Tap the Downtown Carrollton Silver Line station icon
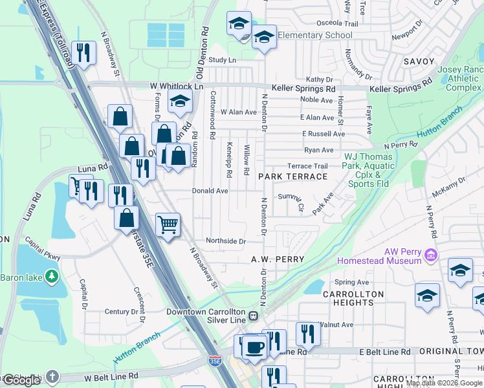254,316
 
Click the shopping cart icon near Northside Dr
168,225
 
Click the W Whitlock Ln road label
176,86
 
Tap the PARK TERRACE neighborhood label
292,177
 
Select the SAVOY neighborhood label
419,61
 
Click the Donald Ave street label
210,191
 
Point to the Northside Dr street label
226,241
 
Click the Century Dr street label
121,312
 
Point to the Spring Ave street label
352,282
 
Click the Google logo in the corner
21,380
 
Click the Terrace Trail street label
308,166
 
